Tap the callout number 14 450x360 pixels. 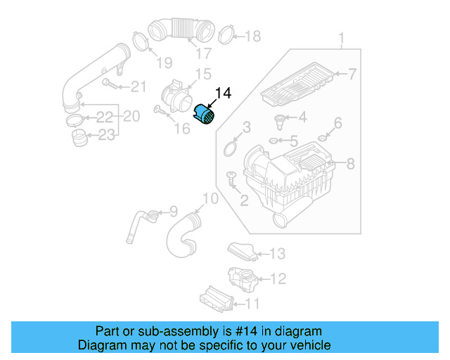tap(223, 93)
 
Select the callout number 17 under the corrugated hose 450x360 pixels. tap(203, 53)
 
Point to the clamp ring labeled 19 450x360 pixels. tap(141, 40)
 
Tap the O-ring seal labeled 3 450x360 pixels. tap(229, 148)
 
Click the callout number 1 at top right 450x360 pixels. tap(342, 38)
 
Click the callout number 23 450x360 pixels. tap(106, 135)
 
